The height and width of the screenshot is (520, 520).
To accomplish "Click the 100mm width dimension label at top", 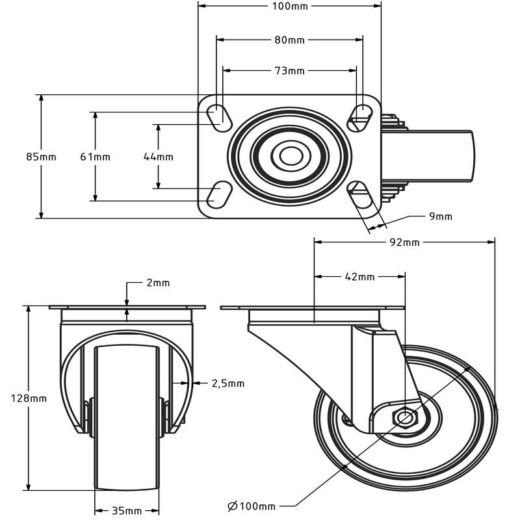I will coord(289,6).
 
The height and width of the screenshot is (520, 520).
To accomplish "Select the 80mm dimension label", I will coord(289,40).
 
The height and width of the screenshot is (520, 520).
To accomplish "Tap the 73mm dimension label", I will coord(289,71).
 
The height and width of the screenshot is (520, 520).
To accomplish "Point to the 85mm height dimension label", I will coord(41,157).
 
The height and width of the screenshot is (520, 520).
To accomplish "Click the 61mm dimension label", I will coord(95,157).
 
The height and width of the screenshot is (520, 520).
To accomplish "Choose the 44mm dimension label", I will coord(158,157).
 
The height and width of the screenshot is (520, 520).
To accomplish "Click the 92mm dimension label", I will coord(404,243).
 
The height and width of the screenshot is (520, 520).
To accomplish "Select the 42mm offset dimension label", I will coord(359,277).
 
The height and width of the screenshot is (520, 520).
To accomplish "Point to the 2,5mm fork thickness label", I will coord(228,383).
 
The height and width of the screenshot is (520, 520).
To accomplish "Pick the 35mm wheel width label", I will coord(127,510).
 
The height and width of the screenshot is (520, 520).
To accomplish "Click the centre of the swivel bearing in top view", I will coord(289,156).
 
